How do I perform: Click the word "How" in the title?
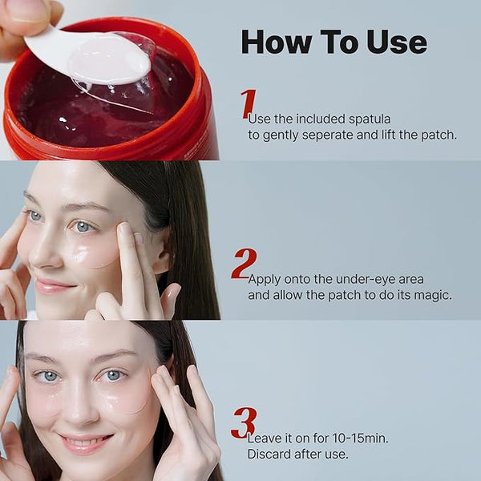tap(276, 42)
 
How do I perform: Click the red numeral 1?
tap(248, 103)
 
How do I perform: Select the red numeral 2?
tap(244, 263)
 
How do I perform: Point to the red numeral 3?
tap(244, 423)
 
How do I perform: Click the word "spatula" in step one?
tap(370, 119)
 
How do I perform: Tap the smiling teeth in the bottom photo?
tap(83, 443)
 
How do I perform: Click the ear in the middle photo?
tap(162, 255)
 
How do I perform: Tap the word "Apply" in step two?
tap(265, 280)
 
